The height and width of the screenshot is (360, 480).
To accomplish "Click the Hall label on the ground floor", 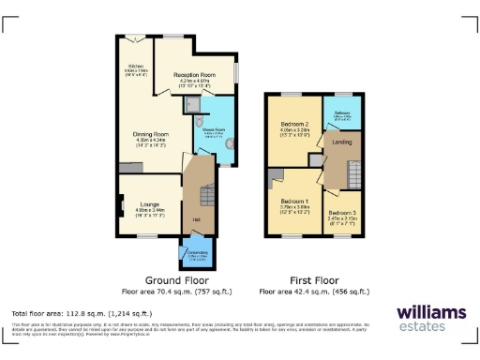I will [x=197, y=220].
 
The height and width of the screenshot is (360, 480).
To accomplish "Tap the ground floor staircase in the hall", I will [x=207, y=196].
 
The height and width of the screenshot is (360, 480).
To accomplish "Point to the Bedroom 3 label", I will [x=342, y=214].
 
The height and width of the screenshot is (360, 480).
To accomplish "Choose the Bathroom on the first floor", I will [x=341, y=116].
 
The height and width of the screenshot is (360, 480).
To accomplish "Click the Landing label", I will [x=340, y=142].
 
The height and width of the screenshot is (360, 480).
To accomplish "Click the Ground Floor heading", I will [x=173, y=279].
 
